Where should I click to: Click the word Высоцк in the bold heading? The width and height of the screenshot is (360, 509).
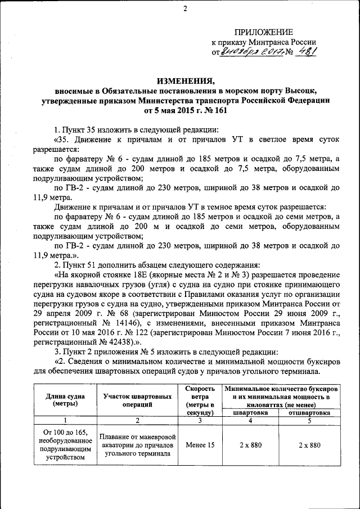click(301, 91)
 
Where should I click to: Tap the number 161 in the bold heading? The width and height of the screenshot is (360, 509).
click(220, 111)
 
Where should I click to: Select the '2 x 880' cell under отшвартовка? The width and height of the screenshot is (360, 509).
click(309, 445)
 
